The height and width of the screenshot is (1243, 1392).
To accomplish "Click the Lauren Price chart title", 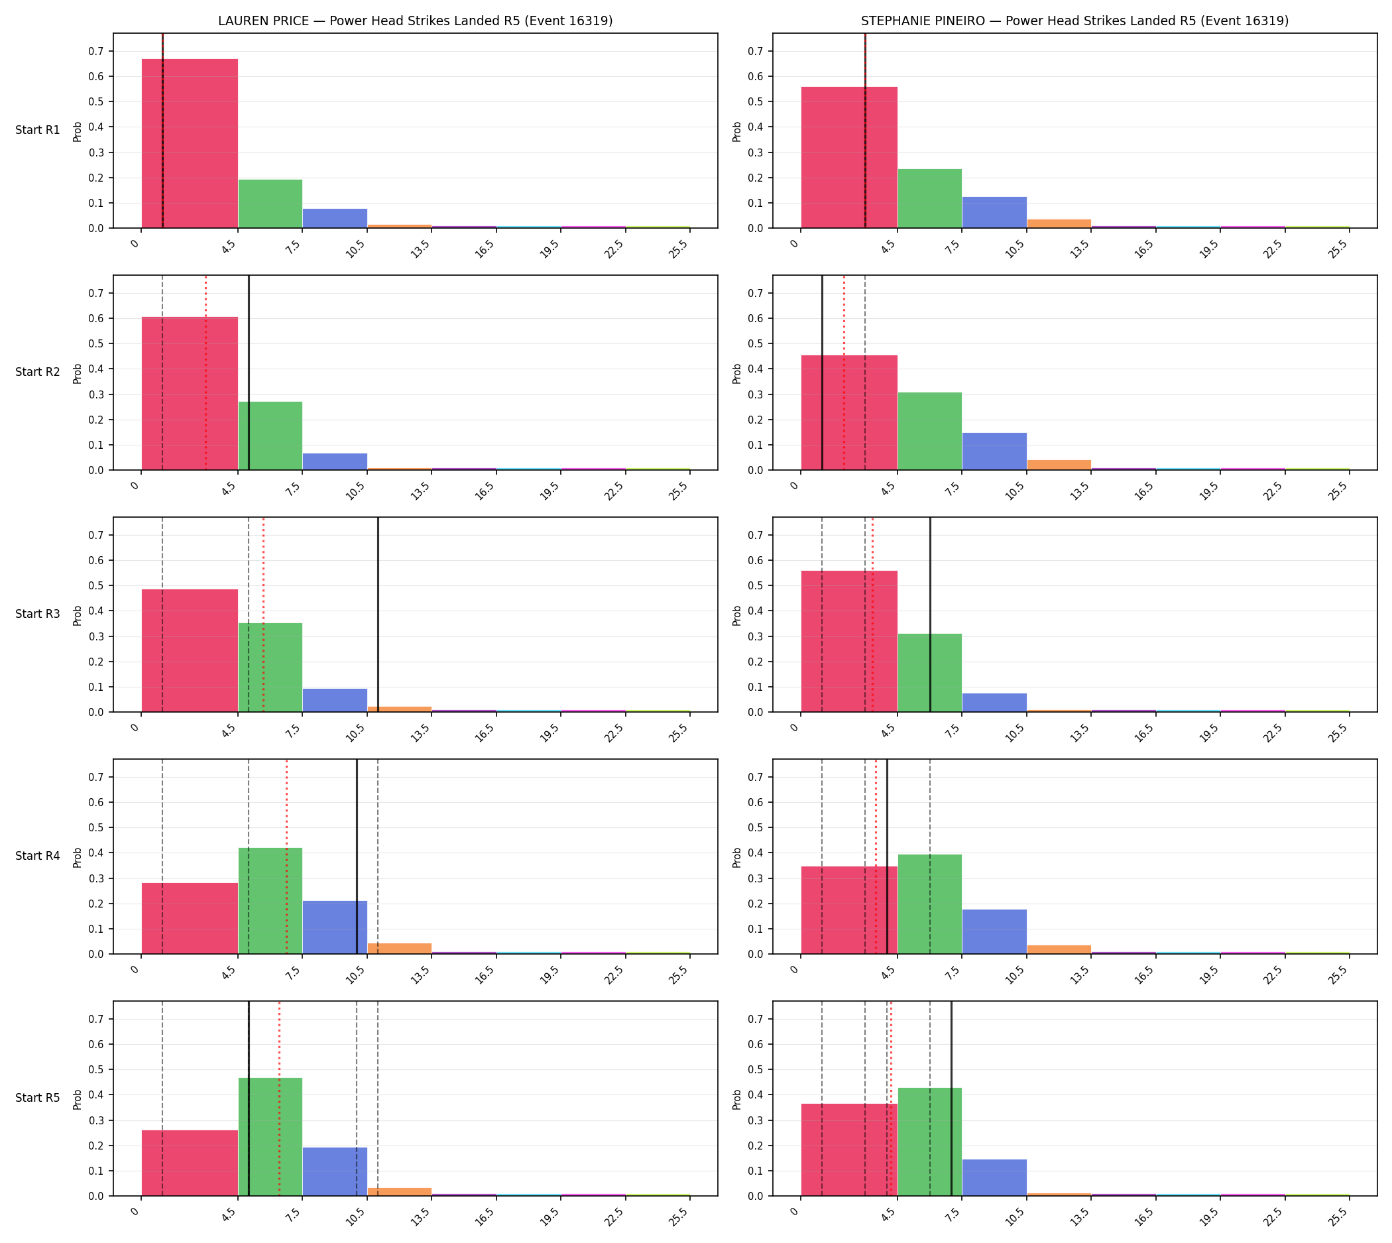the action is [x=415, y=21].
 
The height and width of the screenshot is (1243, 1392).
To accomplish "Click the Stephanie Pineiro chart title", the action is [x=1074, y=21].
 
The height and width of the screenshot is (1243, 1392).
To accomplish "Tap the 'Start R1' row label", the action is [x=38, y=130].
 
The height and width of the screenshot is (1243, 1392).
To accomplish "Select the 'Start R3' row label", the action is [x=38, y=614].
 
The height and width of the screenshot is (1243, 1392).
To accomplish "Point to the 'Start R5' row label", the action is [x=38, y=1098].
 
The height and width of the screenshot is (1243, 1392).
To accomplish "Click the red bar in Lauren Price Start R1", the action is [x=190, y=143].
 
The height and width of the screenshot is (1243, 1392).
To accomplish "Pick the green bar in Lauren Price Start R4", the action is [x=270, y=901].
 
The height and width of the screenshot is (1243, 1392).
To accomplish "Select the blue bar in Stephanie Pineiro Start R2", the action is [x=994, y=451].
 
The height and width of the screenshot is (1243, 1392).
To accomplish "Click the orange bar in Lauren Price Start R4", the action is [x=400, y=949].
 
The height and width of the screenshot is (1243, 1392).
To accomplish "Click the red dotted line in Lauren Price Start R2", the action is [x=205, y=373].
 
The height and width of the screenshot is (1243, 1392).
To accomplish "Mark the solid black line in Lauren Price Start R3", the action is [x=378, y=615].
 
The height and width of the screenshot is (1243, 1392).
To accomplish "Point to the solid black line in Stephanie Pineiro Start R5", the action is [x=951, y=1098].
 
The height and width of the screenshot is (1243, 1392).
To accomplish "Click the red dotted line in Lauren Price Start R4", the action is [x=287, y=857].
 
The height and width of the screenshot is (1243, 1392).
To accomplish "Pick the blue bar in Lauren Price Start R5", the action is [x=335, y=1171].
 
